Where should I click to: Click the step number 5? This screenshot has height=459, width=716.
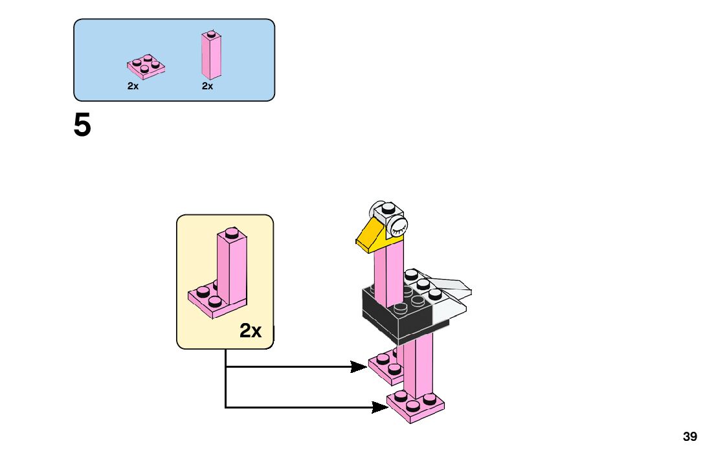pyautogui.click(x=82, y=126)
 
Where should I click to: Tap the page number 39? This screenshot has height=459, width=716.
pyautogui.click(x=690, y=437)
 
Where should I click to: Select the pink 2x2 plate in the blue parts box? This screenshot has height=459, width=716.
pyautogui.click(x=145, y=66)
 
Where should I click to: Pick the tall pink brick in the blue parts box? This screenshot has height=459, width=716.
pyautogui.click(x=211, y=56)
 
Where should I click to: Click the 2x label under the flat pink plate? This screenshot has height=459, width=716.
pyautogui.click(x=133, y=86)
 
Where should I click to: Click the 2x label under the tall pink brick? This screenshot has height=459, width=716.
pyautogui.click(x=207, y=86)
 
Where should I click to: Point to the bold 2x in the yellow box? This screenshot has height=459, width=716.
pyautogui.click(x=251, y=331)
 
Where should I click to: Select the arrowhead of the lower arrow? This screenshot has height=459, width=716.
pyautogui.click(x=380, y=407)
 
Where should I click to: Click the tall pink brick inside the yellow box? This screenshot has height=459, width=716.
pyautogui.click(x=232, y=269)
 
